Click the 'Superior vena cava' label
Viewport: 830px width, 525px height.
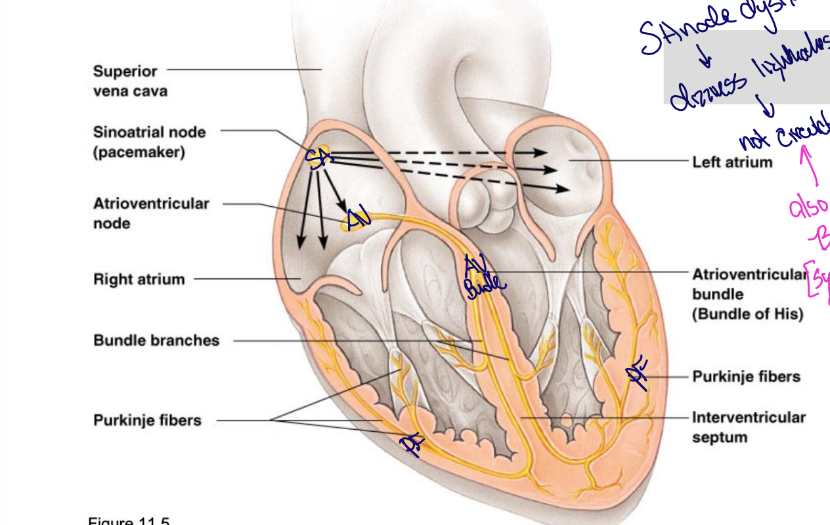(130, 81)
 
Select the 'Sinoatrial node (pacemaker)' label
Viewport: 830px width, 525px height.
(149, 142)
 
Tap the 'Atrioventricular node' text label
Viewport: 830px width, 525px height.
(151, 213)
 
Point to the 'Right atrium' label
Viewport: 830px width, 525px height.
(139, 280)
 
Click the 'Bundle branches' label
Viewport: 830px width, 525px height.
(156, 341)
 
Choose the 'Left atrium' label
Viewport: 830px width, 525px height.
(732, 161)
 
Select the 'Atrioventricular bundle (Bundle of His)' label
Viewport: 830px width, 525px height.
(747, 294)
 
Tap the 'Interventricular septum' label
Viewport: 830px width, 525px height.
(749, 427)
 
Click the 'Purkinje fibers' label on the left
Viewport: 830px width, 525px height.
(147, 421)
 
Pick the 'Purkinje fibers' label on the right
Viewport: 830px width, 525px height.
(747, 377)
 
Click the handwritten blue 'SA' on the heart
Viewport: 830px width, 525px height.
(319, 157)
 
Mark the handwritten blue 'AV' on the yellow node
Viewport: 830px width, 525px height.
(358, 218)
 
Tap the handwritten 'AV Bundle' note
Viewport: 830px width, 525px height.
(483, 276)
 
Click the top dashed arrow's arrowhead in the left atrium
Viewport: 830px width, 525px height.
(541, 152)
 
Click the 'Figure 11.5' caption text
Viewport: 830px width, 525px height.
(129, 521)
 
